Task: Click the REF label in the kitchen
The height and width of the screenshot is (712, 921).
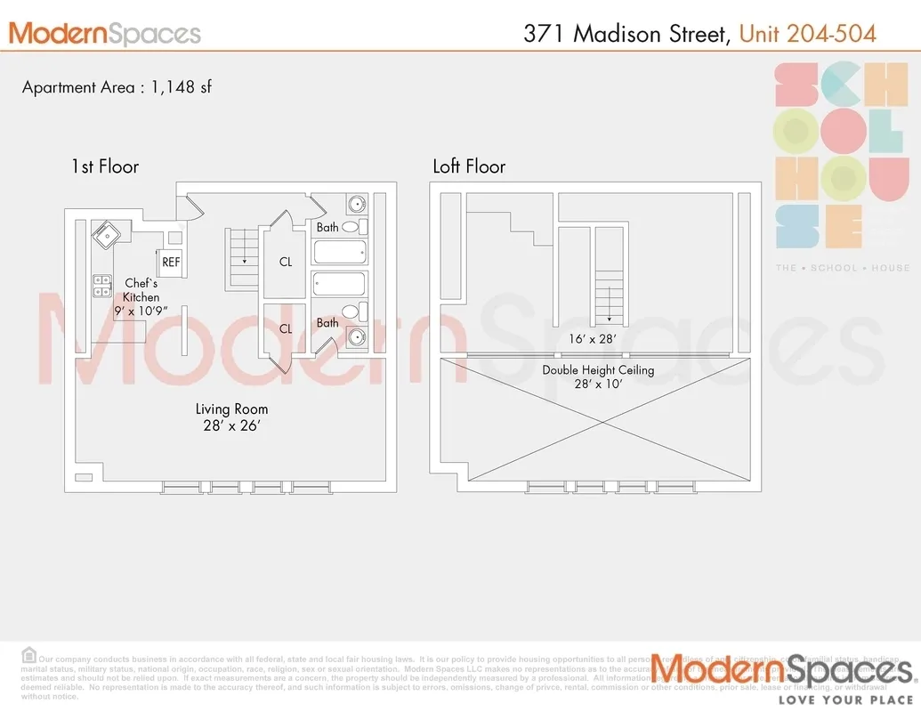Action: coord(171,263)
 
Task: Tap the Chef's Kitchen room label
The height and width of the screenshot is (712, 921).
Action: coord(141,290)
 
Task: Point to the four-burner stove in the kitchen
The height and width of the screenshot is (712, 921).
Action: coord(101,286)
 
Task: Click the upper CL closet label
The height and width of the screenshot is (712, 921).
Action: coord(286,263)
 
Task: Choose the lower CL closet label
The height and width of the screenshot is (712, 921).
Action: coord(286,328)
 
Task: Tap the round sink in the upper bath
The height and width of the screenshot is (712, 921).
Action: coord(356,203)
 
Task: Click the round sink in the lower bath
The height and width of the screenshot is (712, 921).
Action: coord(356,337)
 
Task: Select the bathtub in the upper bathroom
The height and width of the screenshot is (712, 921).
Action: coord(339,252)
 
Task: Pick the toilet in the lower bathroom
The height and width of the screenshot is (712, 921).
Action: coord(351,311)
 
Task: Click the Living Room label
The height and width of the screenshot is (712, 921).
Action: coord(231,409)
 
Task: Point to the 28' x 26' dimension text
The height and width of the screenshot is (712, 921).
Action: coord(231,425)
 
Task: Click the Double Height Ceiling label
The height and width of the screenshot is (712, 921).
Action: coord(598,370)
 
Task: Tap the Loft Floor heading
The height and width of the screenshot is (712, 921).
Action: coord(469,166)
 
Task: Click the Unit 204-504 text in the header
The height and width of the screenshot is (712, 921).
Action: coord(807,34)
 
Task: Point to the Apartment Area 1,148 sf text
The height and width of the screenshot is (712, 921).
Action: coord(117,87)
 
